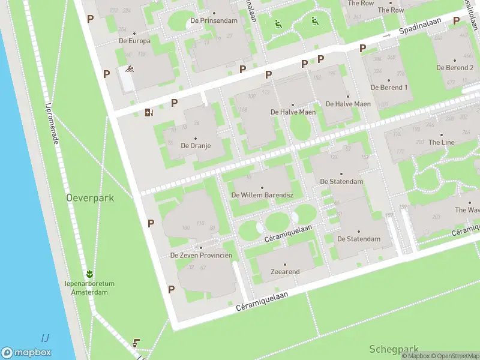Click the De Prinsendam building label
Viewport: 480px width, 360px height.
point(214,20)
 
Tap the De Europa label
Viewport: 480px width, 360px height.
point(134,41)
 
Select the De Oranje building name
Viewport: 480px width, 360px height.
point(196,145)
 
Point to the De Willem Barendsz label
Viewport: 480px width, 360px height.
point(262,195)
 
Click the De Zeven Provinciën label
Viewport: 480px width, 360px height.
point(201,256)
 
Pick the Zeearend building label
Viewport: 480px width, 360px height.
point(285,272)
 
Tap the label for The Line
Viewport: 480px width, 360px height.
point(441,142)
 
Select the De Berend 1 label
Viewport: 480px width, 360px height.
point(389,87)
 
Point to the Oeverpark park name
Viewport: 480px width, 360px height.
point(90,197)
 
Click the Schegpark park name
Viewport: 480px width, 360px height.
point(394,349)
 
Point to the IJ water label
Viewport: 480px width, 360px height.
point(45,337)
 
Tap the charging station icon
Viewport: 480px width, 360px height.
point(149,112)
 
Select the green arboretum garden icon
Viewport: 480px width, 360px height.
point(90,274)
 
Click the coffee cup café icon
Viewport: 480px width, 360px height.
point(137,343)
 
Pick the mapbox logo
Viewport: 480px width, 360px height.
point(26,353)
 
